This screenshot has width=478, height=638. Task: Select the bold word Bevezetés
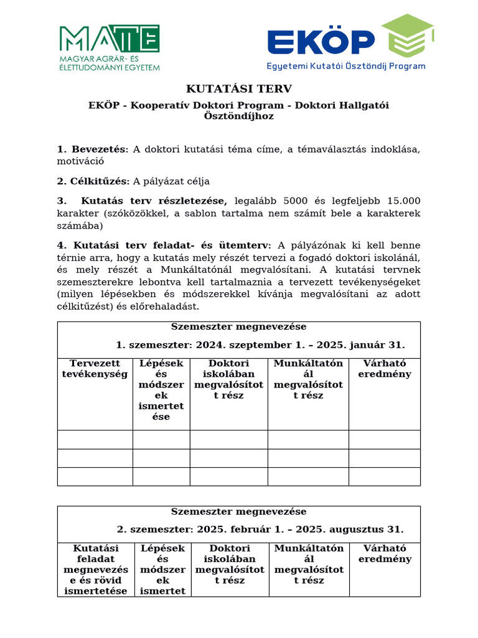pos(100,149)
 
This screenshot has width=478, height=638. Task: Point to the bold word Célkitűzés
pos(100,181)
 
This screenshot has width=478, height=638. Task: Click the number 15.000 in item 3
pos(404,201)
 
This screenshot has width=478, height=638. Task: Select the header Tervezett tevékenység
pos(95,369)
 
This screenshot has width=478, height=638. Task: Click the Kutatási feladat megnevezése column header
pos(95,569)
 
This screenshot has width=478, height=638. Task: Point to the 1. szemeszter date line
pos(260,345)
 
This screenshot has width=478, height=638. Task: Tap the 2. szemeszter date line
pos(260,530)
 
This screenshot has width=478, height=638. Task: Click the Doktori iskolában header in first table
pos(228,379)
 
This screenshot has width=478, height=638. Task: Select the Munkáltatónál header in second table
pos(308,564)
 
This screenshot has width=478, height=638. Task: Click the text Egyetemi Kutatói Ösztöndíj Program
pos(346,65)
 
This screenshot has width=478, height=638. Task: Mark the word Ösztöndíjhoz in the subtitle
pos(239,116)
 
